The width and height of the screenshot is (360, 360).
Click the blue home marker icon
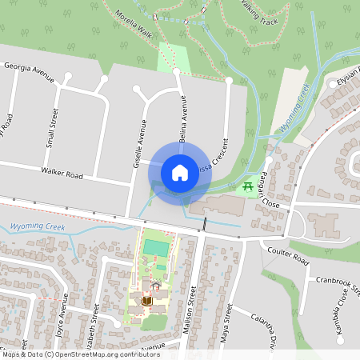(180, 172)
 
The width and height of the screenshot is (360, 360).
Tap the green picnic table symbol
(249, 186)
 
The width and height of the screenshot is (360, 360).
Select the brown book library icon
(146, 299)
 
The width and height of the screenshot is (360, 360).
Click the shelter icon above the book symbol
(155, 285)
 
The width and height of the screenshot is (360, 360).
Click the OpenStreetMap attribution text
(82, 354)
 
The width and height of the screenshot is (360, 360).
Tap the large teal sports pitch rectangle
(156, 249)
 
